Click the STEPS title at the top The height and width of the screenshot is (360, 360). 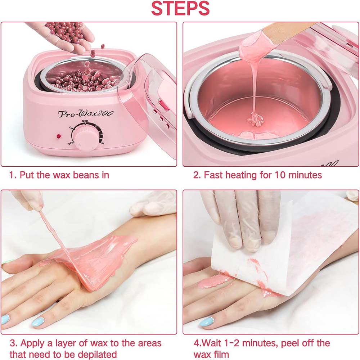180,9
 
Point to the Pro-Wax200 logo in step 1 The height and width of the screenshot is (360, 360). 86,113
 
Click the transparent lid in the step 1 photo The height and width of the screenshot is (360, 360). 151,97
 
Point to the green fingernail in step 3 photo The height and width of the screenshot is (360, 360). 8,262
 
